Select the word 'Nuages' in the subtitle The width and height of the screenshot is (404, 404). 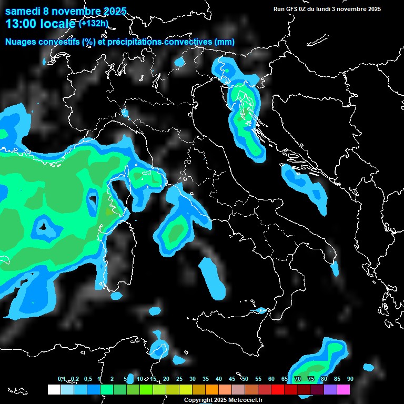pyautogui.click(x=20, y=42)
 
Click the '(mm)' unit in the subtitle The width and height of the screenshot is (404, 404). pyautogui.click(x=224, y=42)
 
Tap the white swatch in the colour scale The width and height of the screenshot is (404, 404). pyautogui.click(x=54, y=389)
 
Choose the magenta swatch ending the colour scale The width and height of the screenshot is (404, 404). pyautogui.click(x=343, y=389)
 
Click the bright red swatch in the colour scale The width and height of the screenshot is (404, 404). pyautogui.click(x=277, y=389)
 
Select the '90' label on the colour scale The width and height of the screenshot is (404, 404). pyautogui.click(x=350, y=379)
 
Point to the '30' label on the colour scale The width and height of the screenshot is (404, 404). pyautogui.click(x=193, y=379)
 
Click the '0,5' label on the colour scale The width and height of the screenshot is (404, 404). pyautogui.click(x=87, y=379)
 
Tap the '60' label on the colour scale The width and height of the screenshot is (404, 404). pyautogui.click(x=271, y=379)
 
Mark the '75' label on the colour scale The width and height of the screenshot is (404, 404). pyautogui.click(x=311, y=379)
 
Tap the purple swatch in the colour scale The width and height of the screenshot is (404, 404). pyautogui.click(x=330, y=389)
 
